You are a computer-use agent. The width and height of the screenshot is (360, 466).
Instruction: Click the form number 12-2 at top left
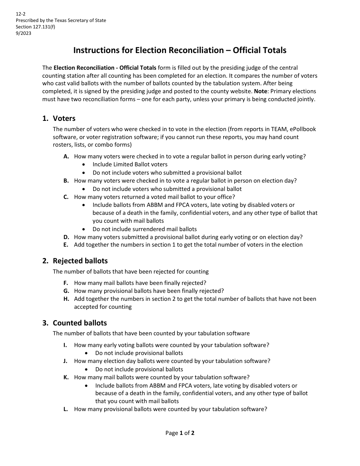coord(20,14)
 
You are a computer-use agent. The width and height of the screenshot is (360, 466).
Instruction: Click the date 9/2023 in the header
coord(23,33)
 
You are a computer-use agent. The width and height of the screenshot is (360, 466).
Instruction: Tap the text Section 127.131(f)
coord(35,27)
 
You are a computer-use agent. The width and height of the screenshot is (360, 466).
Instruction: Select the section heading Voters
coord(64,119)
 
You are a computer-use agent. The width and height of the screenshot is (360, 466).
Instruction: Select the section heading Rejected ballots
coord(80,261)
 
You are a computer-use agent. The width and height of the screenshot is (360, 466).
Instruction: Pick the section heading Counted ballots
coord(80,323)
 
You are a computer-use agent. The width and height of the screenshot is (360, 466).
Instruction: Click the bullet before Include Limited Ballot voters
coord(84,165)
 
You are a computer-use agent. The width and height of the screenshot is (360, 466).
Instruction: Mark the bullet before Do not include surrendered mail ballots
coord(84,229)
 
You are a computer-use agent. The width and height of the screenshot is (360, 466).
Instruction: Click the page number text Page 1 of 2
coord(180,433)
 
